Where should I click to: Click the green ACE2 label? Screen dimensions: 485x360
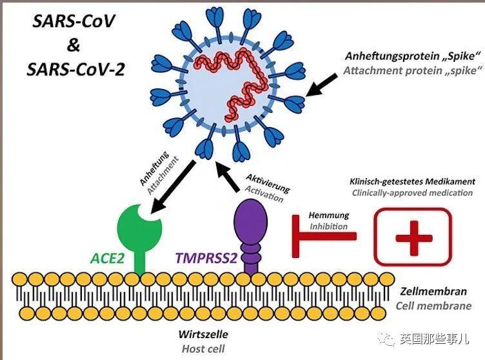pyautogui.click(x=107, y=258)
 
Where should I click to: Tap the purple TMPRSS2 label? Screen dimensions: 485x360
pyautogui.click(x=206, y=258)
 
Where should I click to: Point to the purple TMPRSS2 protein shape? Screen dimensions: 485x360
pyautogui.click(x=250, y=236)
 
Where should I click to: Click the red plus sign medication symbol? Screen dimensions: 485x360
pyautogui.click(x=413, y=237)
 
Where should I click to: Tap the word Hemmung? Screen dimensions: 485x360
pyautogui.click(x=329, y=215)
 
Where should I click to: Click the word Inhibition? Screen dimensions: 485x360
pyautogui.click(x=328, y=226)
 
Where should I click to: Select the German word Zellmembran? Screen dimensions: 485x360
pyautogui.click(x=433, y=291)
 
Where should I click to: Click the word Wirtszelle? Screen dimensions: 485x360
pyautogui.click(x=203, y=334)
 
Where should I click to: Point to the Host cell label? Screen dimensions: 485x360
pyautogui.click(x=203, y=349)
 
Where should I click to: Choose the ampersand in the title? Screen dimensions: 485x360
pyautogui.click(x=74, y=45)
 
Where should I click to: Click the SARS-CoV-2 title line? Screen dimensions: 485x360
pyautogui.click(x=76, y=69)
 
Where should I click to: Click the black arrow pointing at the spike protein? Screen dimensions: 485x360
pyautogui.click(x=322, y=85)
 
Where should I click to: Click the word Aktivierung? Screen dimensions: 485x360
pyautogui.click(x=268, y=183)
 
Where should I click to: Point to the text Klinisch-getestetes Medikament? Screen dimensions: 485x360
pyautogui.click(x=412, y=182)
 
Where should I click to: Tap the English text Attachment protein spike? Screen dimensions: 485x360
pyautogui.click(x=413, y=71)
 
